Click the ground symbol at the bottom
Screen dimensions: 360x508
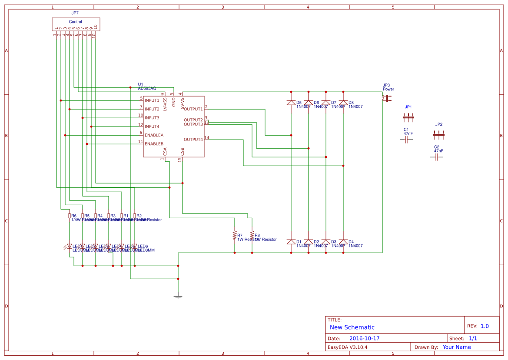(178, 297)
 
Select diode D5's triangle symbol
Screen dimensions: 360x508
(291, 103)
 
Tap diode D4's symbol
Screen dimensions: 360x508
(343, 242)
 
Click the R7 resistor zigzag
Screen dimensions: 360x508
(235, 235)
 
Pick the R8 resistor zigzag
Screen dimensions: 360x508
(252, 235)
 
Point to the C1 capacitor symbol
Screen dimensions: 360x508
(406, 140)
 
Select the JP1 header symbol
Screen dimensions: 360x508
(408, 117)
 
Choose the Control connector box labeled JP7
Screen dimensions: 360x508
(76, 24)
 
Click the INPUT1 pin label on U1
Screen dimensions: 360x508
(152, 100)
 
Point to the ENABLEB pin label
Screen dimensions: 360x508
(154, 144)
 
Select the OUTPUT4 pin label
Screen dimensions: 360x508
(193, 140)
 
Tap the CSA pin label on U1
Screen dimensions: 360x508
(165, 151)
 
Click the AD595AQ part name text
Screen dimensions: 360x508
(147, 88)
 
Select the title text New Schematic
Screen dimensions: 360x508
(352, 327)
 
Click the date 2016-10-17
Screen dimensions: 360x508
(364, 338)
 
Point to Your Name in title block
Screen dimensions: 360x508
(457, 347)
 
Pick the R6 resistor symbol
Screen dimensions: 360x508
(70, 216)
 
